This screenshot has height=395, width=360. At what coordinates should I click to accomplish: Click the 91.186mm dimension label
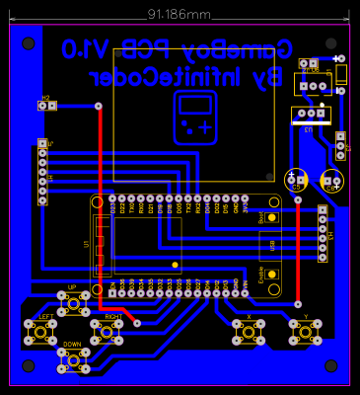point(179,15)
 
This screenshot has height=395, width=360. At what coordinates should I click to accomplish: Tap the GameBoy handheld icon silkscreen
point(195,116)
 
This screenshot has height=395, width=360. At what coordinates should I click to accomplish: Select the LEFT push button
point(40,332)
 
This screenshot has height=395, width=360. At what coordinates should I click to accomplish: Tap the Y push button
point(305,333)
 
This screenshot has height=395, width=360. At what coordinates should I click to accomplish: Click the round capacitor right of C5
point(330,181)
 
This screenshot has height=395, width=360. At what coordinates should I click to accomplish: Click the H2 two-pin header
point(46,105)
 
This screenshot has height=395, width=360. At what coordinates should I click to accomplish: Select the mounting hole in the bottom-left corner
point(27,364)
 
